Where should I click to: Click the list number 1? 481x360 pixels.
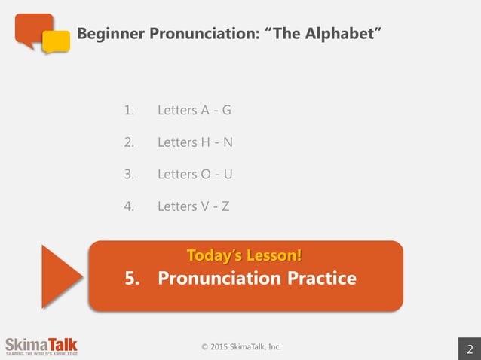[x=128, y=111]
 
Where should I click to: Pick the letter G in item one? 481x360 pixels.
[x=226, y=111]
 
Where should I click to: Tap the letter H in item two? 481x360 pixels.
[x=206, y=142]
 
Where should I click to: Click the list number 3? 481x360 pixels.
[x=128, y=174]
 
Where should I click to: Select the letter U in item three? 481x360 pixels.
[x=228, y=174]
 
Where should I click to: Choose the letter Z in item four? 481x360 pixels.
[x=225, y=206]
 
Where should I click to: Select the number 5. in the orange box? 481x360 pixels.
[x=133, y=279]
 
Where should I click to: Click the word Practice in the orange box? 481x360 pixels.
[x=321, y=279]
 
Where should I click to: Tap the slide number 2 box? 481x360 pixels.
[x=470, y=348]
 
